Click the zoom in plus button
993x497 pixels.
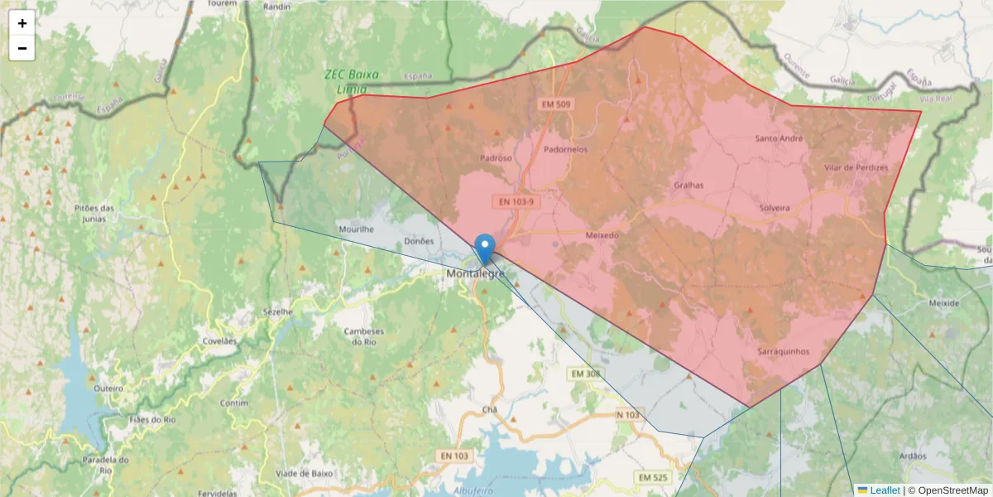[x=22, y=23]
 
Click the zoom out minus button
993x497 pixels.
[x=22, y=48]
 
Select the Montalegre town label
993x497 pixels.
[x=475, y=273]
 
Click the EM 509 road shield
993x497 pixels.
[x=556, y=104]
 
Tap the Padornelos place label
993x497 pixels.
[x=566, y=150]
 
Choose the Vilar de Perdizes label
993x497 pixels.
[x=856, y=167]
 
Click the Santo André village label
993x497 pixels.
[x=779, y=138]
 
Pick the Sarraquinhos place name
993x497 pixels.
[x=788, y=351]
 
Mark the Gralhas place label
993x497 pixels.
[x=688, y=186]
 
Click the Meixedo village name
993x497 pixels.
[x=602, y=235]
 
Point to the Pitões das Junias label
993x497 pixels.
[x=94, y=213]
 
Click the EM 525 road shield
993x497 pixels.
[x=653, y=478]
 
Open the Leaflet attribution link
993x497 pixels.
[x=885, y=490]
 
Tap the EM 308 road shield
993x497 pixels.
[x=585, y=374]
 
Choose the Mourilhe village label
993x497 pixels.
[x=357, y=229]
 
